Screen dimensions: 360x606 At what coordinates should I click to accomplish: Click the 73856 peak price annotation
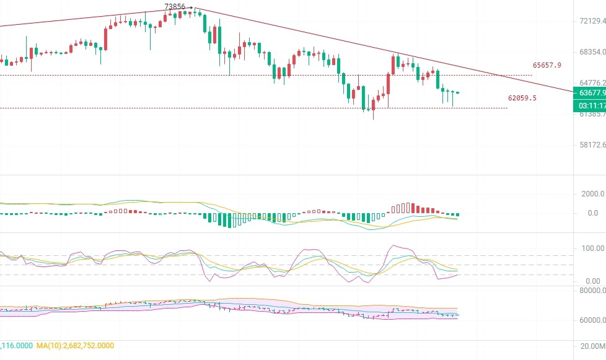pos(175,7)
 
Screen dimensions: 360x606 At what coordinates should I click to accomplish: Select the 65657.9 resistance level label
pos(547,65)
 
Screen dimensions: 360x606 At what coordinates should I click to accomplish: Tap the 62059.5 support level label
pos(522,98)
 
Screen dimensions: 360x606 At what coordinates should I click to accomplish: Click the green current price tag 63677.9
pos(591,93)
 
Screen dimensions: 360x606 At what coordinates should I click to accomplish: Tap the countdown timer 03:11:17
pos(591,105)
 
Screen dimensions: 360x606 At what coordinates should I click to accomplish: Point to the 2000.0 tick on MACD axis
pos(592,194)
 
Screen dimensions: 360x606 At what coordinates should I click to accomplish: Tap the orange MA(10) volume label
pos(75,345)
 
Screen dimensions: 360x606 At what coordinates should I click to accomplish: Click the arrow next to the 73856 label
pos(190,7)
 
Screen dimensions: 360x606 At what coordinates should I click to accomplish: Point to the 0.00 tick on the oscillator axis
pos(592,281)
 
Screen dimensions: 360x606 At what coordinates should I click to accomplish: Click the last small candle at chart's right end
pos(458,92)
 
